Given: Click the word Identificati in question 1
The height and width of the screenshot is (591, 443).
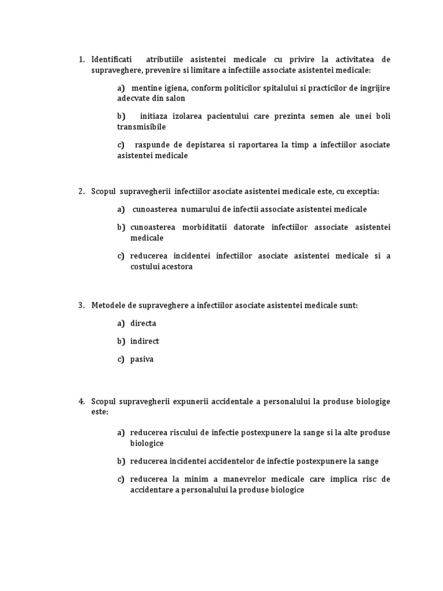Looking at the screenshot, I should pyautogui.click(x=111, y=59).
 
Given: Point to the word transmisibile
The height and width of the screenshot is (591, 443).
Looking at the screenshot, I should pyautogui.click(x=141, y=126).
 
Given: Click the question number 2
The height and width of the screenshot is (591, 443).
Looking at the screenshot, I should pyautogui.click(x=81, y=191).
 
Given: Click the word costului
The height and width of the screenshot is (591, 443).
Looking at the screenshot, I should pyautogui.click(x=150, y=267).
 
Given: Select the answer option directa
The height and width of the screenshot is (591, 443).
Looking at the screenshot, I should pyautogui.click(x=143, y=323).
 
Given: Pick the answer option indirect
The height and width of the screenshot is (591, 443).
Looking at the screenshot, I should pyautogui.click(x=145, y=341).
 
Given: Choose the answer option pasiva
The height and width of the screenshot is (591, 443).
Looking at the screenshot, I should pyautogui.click(x=142, y=359).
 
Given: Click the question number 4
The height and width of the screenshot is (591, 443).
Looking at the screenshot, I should pyautogui.click(x=81, y=401).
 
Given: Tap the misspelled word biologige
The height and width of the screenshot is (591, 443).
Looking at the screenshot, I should pyautogui.click(x=370, y=401).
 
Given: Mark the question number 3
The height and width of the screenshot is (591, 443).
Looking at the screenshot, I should pyautogui.click(x=81, y=305).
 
